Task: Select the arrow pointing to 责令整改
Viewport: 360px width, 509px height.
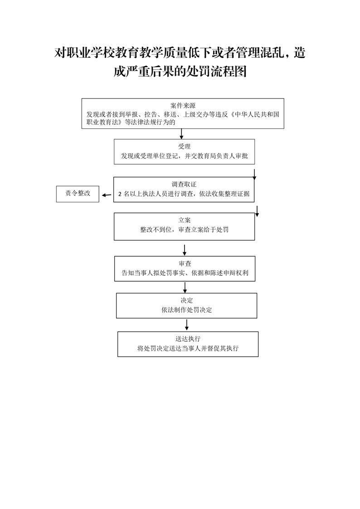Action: coord(107,195)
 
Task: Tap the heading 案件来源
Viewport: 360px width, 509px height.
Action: coord(183,106)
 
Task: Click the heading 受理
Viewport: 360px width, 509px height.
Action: coord(184,147)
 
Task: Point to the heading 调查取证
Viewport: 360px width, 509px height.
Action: coord(184,184)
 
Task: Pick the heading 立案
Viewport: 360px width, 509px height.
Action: coord(184,220)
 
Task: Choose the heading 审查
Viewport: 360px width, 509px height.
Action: coord(185,264)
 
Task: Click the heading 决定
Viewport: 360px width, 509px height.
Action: coord(186,301)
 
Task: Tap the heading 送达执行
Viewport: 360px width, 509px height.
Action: coord(188,339)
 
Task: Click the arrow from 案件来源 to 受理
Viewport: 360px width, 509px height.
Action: coord(181,134)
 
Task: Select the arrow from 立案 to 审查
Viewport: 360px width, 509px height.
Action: coord(185,250)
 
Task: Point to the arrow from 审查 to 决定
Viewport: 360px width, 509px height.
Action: coord(185,288)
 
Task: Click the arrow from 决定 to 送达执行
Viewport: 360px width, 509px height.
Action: coord(186,325)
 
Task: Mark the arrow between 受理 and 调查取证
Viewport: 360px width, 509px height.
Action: coord(254,174)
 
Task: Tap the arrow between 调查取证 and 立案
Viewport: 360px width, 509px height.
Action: coord(257,211)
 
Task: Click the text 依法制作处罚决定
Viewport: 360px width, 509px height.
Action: coord(186,310)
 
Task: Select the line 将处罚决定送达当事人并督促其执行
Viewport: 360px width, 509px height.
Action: coord(188,348)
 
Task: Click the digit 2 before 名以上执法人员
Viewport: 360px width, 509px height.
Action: coord(120,194)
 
